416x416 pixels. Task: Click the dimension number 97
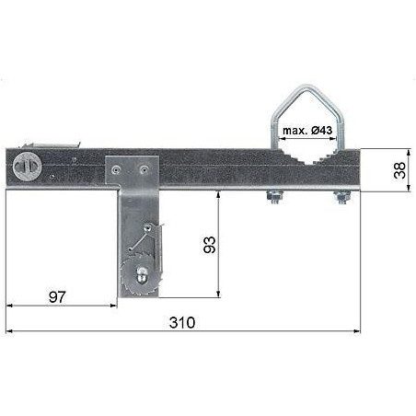(57, 295)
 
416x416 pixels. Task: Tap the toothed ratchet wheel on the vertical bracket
(139, 277)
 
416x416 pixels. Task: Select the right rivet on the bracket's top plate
(143, 168)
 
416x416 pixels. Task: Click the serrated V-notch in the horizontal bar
(304, 158)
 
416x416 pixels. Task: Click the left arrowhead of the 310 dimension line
(9, 330)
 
